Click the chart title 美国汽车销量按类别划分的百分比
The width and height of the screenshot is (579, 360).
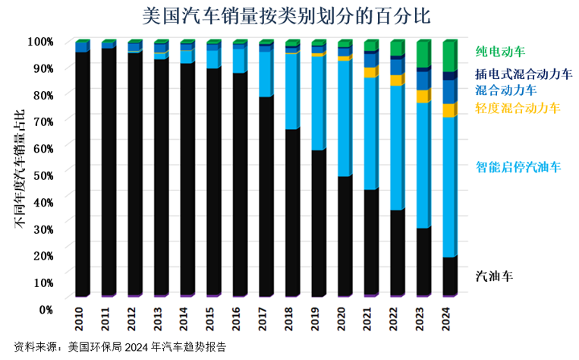[x=290, y=15]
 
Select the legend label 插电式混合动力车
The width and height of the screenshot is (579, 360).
[x=523, y=74]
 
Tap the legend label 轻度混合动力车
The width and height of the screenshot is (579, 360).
[x=518, y=108]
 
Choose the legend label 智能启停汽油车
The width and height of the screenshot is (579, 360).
[x=518, y=166]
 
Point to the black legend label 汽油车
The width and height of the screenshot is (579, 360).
[x=494, y=275]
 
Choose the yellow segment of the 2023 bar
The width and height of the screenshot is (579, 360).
[x=423, y=96]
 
